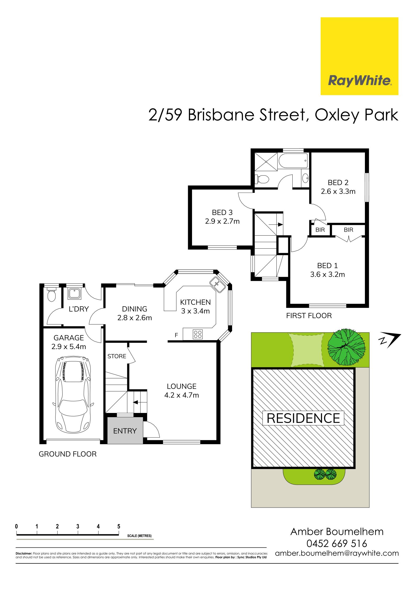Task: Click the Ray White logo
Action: tap(359, 56)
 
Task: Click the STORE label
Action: tap(117, 356)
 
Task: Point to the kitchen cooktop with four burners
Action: tap(197, 334)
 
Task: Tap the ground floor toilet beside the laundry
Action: tap(51, 295)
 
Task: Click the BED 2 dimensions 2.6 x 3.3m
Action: tap(338, 192)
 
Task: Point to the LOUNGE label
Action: tap(182, 386)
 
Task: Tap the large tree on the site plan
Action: tap(347, 348)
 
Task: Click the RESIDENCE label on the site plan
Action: tap(303, 418)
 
